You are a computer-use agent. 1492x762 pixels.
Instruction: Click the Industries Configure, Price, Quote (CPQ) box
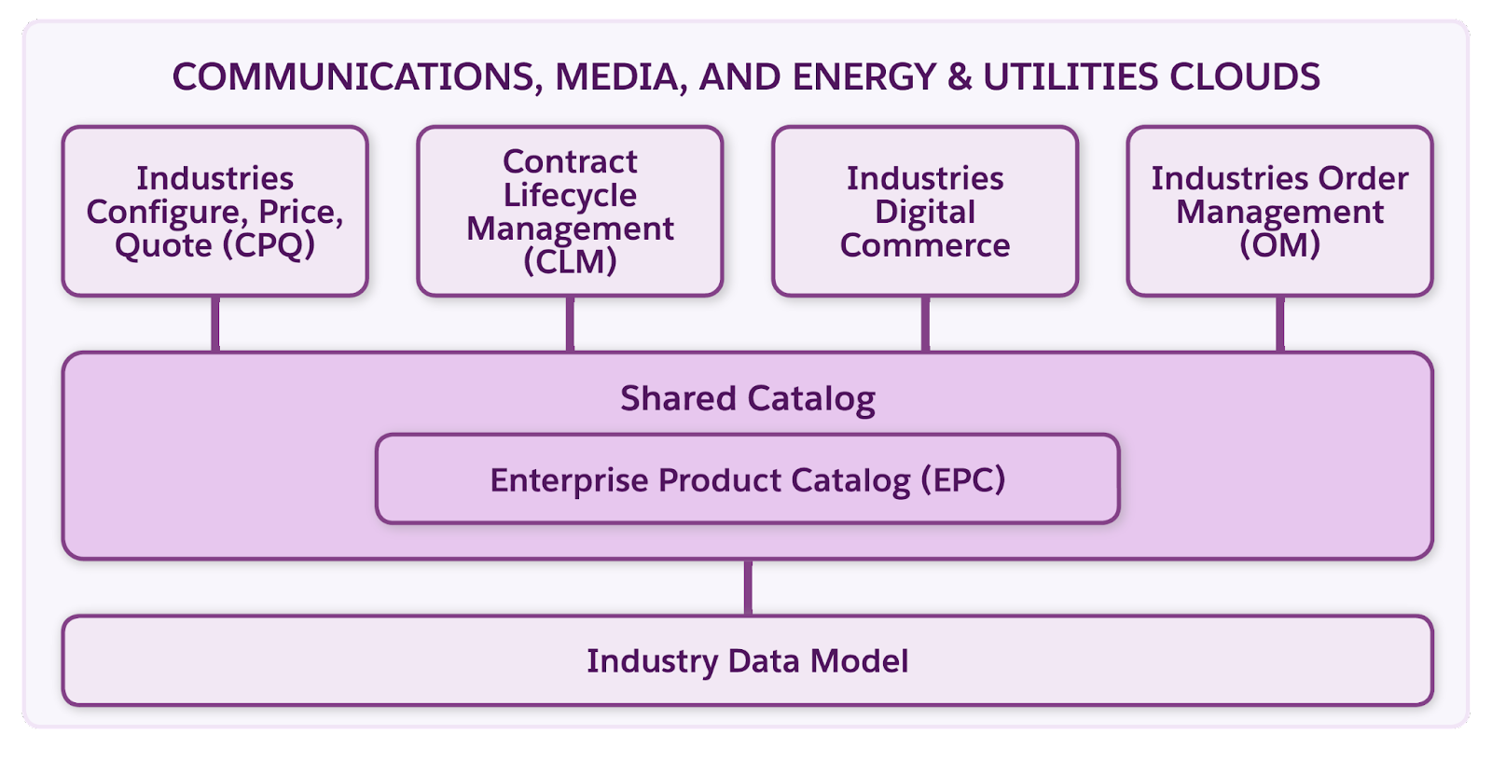pos(215,212)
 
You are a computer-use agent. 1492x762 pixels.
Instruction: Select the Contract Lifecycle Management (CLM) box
pos(570,212)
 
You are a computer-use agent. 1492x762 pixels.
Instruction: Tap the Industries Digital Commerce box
pos(925,212)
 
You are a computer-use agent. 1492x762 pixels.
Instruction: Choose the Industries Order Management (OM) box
pos(1279,212)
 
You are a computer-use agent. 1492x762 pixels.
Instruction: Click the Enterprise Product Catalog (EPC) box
pos(747,479)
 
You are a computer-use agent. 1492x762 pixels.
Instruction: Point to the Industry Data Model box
pos(747,660)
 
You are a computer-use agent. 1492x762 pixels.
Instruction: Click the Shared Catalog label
pos(747,398)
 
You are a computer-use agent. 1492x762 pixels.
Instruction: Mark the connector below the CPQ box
pos(215,324)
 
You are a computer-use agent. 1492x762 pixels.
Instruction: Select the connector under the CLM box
pos(570,324)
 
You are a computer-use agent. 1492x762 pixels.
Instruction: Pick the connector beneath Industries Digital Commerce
pos(925,324)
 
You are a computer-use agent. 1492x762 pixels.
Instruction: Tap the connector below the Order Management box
pos(1279,324)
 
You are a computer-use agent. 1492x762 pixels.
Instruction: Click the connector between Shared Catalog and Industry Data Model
pos(748,587)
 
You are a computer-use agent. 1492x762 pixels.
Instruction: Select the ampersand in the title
pos(960,76)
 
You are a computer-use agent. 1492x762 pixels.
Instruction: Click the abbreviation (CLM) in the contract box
pos(570,262)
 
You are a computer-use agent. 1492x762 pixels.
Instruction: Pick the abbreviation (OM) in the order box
pos(1279,245)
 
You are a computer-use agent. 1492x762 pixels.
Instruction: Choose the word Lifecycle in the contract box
pos(570,195)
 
